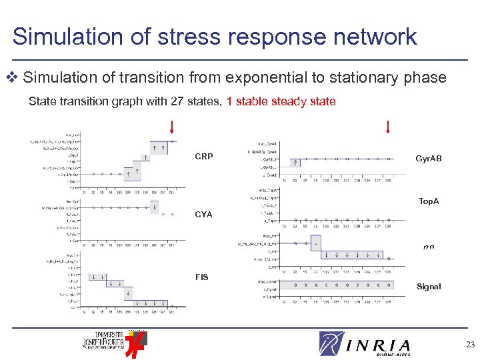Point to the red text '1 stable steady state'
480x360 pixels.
tap(281, 102)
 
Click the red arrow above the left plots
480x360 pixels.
tap(172, 127)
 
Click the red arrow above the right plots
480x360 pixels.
tap(387, 127)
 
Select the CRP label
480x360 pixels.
tap(204, 157)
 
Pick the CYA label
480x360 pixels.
tap(203, 215)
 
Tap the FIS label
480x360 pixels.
tap(201, 277)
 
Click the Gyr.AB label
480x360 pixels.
tap(428, 159)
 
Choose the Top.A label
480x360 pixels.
tap(429, 201)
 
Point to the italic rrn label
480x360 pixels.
tap(428, 247)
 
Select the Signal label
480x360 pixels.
tap(429, 287)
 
